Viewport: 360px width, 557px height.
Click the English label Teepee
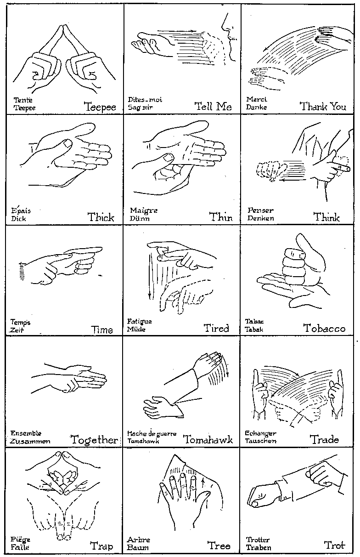coord(100,107)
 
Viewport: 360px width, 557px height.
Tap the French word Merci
coord(257,99)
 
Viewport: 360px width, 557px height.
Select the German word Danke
coord(257,107)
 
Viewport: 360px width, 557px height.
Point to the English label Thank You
coord(323,107)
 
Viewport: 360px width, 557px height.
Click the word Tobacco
coord(324,328)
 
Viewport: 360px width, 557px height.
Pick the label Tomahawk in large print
coord(208,439)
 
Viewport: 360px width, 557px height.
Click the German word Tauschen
coord(261,441)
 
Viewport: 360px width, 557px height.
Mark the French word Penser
coord(260,210)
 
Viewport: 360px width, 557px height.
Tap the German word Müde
coord(136,329)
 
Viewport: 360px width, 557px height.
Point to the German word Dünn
coord(140,218)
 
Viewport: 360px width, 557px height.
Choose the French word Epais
coord(21,210)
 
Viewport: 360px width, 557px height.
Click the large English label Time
coord(102,330)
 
